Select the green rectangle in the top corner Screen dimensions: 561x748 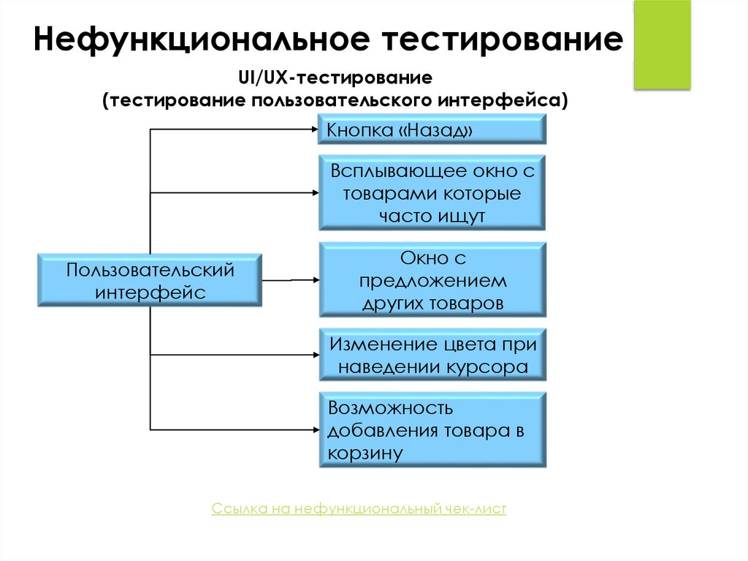tap(662, 45)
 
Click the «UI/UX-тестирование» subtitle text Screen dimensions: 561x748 tap(335, 76)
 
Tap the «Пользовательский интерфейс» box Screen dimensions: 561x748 tap(150, 281)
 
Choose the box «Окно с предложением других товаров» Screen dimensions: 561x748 tap(432, 281)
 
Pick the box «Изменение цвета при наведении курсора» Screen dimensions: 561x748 tap(432, 355)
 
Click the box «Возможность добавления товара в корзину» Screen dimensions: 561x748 tap(432, 430)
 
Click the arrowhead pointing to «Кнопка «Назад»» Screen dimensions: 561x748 tap(315, 130)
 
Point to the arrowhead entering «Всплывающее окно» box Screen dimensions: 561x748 tap(315, 193)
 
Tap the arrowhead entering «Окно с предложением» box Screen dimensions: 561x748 tap(315, 279)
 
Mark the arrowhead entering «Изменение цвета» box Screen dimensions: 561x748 tap(315, 355)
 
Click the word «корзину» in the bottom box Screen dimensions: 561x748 tap(366, 453)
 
